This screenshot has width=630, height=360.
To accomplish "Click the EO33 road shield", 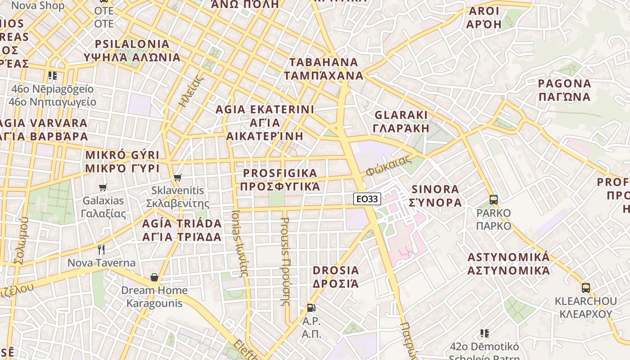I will click(x=367, y=198).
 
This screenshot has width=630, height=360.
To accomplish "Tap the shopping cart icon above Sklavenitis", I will click(x=178, y=178).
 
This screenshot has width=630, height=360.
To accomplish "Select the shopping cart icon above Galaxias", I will click(x=103, y=187).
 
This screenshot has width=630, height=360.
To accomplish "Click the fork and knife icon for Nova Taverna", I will click(x=101, y=249).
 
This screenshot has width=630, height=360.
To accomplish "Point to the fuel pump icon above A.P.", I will click(x=310, y=308).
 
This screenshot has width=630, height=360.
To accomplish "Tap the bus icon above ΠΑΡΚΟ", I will click(x=493, y=199).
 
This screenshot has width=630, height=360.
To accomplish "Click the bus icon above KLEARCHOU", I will click(x=585, y=288).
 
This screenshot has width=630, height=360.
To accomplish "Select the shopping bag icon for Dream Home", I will click(x=154, y=277).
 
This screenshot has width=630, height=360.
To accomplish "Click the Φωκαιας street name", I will click(x=389, y=166).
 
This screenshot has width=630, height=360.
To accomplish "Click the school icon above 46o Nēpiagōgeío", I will click(x=53, y=76).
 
